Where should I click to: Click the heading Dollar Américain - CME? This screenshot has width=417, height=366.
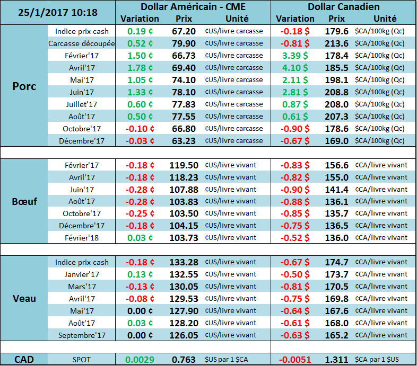tap(193, 7)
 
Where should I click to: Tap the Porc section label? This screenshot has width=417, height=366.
tap(24, 86)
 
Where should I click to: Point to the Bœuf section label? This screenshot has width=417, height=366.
tap(24, 201)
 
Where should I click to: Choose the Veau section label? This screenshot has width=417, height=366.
tap(24, 298)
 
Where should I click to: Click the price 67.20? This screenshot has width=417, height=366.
tap(184, 31)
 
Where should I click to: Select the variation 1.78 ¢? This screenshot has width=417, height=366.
tap(140, 68)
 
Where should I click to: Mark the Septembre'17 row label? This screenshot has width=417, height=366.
tap(81, 335)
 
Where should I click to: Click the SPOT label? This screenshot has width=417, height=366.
tap(81, 360)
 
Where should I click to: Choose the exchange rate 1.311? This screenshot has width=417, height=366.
tap(336, 360)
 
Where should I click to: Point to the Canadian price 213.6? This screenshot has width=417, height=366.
tap(336, 43)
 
